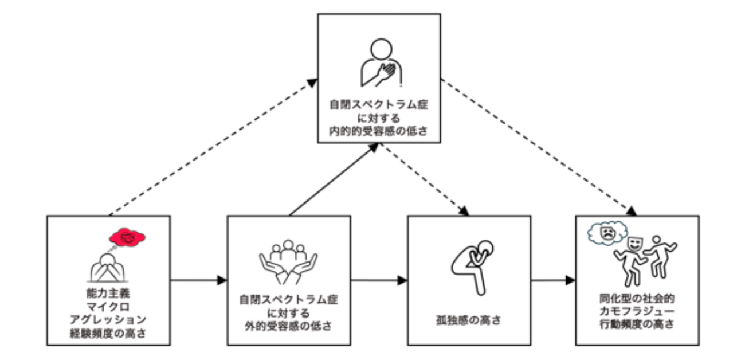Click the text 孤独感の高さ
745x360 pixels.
[468, 320]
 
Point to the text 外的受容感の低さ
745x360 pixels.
[288, 327]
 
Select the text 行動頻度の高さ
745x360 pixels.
[637, 324]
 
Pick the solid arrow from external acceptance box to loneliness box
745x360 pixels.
[379, 280]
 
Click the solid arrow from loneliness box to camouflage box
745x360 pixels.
[553, 280]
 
